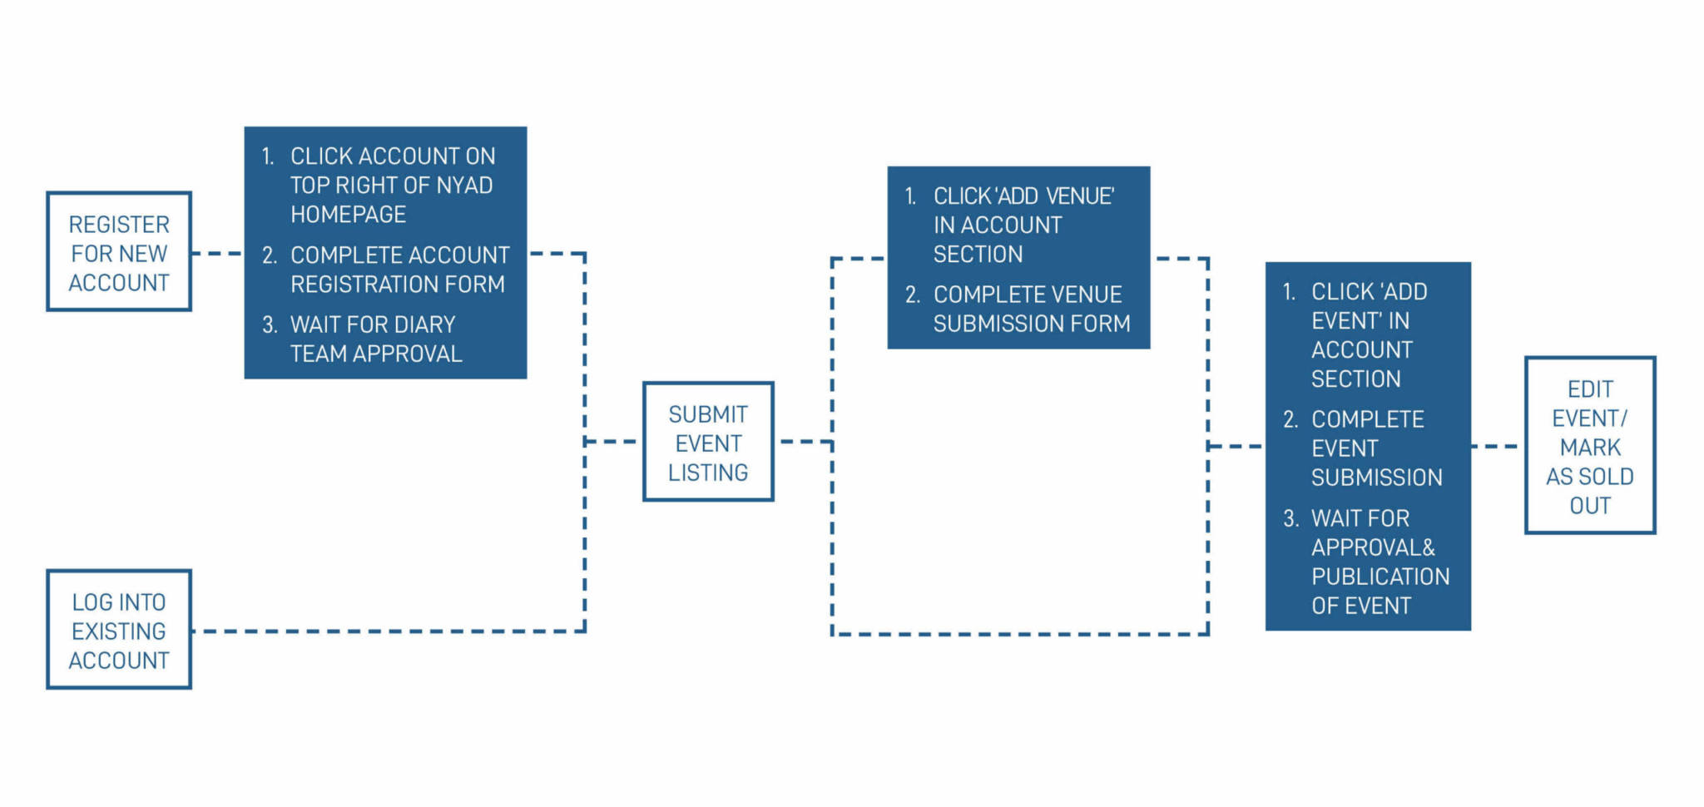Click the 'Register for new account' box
point(119,252)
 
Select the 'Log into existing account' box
point(119,630)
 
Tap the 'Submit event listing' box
point(708,442)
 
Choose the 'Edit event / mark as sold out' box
point(1589,446)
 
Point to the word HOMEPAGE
point(348,215)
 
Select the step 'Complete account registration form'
point(399,270)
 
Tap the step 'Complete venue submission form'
point(1031,309)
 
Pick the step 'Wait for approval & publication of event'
point(1379,562)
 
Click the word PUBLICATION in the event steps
point(1380,577)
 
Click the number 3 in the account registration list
point(269,324)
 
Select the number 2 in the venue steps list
point(912,295)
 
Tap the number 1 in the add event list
point(1289,292)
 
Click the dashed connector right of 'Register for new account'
point(217,253)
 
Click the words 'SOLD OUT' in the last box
point(1589,491)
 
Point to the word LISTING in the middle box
point(708,473)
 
